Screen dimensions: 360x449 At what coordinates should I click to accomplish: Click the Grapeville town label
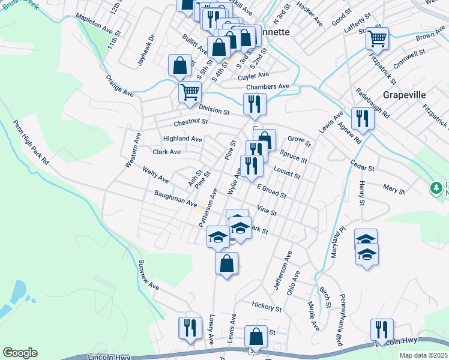[x=404, y=95]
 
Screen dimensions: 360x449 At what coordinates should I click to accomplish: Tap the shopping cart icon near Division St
[x=190, y=92]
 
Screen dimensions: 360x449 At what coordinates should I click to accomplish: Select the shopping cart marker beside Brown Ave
[x=377, y=38]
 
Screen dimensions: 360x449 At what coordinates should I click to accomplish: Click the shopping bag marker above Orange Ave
[x=179, y=65]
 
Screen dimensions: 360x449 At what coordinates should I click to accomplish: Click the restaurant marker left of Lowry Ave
[x=190, y=328]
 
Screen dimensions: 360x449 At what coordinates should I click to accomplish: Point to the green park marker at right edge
[x=437, y=188]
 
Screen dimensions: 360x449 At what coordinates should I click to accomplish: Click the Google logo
[x=20, y=353]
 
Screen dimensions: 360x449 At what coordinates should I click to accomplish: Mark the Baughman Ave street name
[x=175, y=199]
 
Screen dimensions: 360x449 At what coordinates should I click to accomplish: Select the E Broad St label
[x=271, y=191]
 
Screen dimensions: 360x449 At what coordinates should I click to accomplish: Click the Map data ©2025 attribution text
[x=423, y=355]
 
